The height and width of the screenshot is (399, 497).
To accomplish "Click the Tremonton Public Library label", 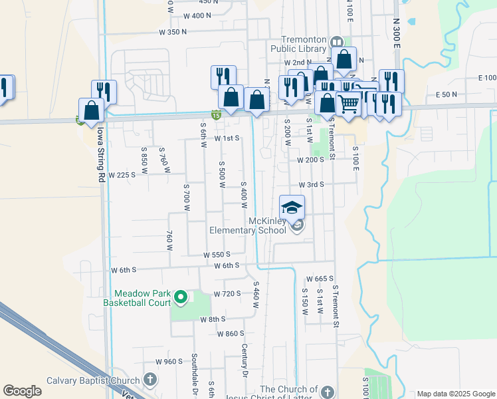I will [299, 43].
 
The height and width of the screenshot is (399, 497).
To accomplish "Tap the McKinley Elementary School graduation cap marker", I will [292, 207].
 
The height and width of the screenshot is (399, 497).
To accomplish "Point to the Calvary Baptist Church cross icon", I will [150, 380].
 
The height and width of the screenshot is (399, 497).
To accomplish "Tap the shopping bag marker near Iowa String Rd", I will [91, 110].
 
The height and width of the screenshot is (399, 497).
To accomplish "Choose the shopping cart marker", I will [349, 103].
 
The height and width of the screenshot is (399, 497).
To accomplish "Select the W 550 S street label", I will [217, 255].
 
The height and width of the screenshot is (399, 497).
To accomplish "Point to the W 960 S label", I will [169, 362].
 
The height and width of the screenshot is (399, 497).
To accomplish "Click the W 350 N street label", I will [173, 32].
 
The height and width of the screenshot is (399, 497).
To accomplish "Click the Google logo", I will [22, 391].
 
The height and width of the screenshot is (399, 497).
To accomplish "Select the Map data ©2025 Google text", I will [455, 394].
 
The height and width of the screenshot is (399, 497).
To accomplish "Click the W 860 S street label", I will [231, 334].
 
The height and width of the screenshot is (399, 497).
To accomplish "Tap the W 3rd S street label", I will [311, 184].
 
